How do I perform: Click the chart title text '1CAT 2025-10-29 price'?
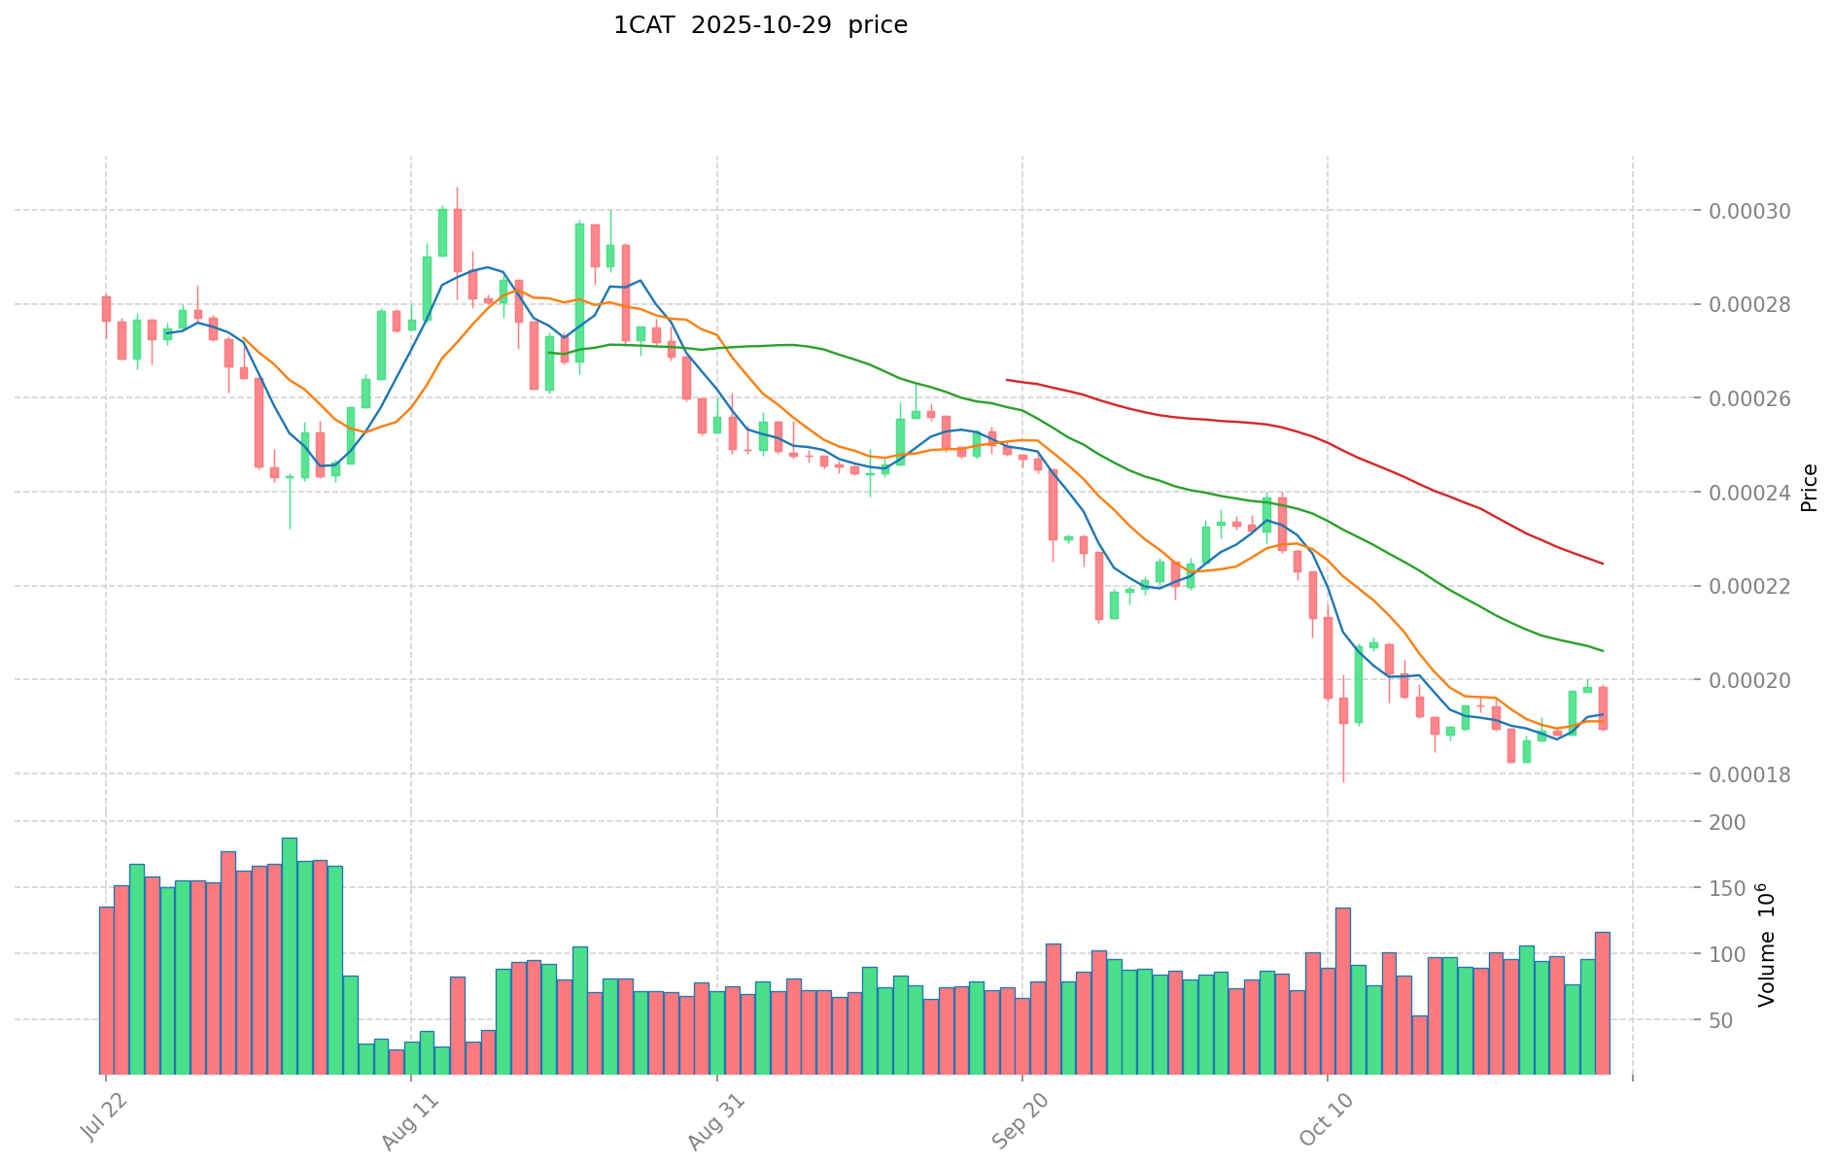point(760,25)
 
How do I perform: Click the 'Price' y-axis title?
point(1809,488)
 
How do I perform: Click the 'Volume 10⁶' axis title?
point(1766,945)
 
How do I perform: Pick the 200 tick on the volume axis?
point(1731,823)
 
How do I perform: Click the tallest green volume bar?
point(290,955)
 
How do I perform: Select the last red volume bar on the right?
point(1602,1002)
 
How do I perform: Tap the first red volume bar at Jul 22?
point(106,989)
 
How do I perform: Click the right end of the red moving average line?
point(1602,564)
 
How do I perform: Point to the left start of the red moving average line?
point(1007,380)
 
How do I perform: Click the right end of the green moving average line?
point(1602,650)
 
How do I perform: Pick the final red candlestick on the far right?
point(1602,707)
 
